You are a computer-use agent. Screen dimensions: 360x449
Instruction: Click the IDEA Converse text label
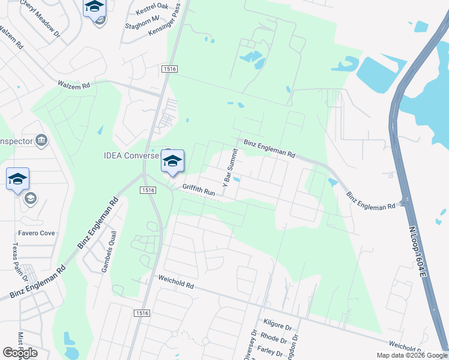click(x=130, y=156)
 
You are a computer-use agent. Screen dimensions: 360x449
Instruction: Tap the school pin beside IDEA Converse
click(x=172, y=161)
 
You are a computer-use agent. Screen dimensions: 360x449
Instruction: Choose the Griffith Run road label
click(x=199, y=190)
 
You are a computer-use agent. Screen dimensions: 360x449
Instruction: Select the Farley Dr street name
click(x=270, y=350)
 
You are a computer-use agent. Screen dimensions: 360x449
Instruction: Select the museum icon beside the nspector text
click(x=41, y=141)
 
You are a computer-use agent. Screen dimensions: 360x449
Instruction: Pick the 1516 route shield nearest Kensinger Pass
click(x=169, y=70)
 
